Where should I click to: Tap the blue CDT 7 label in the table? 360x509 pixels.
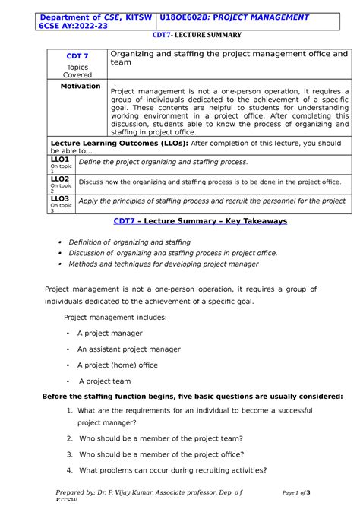click(x=78, y=56)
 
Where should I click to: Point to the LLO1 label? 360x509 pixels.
click(x=60, y=160)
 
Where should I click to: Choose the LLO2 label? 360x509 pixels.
click(x=60, y=179)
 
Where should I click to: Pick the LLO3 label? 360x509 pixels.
click(x=60, y=198)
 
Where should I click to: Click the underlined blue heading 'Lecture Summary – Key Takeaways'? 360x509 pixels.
click(x=200, y=220)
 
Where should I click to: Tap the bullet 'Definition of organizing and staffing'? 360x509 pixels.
click(x=129, y=242)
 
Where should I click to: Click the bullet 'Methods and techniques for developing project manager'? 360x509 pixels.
click(x=163, y=264)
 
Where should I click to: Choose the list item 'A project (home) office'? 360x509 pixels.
click(x=118, y=365)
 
